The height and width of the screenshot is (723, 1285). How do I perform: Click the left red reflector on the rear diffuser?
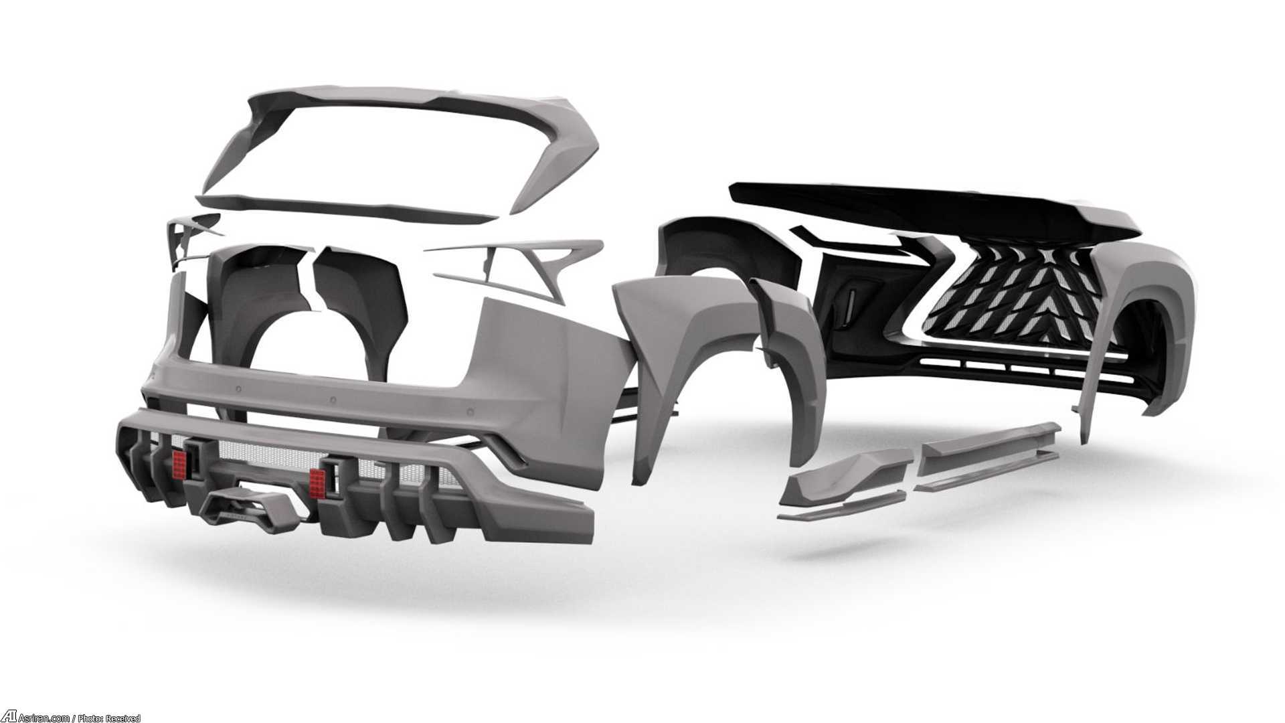pyautogui.click(x=179, y=462)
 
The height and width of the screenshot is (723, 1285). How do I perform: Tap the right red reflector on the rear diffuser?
pyautogui.click(x=317, y=479)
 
